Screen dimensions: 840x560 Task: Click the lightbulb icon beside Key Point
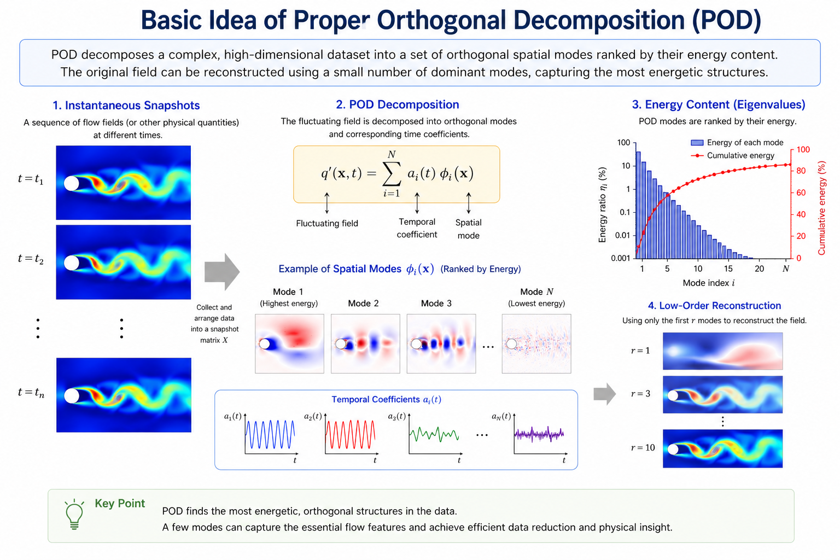click(x=74, y=514)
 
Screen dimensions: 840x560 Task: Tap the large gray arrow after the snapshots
click(x=222, y=272)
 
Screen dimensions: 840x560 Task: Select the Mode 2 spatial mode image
click(x=365, y=343)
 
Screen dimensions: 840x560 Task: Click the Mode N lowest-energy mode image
click(x=536, y=343)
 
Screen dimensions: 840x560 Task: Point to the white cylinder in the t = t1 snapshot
click(x=72, y=183)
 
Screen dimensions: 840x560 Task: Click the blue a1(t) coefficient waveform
click(x=270, y=434)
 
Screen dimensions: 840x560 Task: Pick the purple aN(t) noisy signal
click(x=539, y=434)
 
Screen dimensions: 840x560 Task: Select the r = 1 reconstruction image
click(x=722, y=351)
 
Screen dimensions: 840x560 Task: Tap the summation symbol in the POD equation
click(x=392, y=174)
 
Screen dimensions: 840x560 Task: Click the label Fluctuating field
click(x=327, y=224)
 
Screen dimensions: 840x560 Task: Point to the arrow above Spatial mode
click(x=468, y=203)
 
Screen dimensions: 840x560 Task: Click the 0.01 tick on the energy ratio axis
click(x=622, y=235)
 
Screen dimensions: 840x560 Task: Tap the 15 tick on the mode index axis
click(x=728, y=269)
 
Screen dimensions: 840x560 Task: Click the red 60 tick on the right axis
click(x=801, y=192)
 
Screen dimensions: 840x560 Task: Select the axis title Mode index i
click(x=708, y=283)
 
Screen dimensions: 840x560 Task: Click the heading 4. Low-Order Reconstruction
click(x=714, y=305)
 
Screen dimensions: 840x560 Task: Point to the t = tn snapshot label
click(x=31, y=392)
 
